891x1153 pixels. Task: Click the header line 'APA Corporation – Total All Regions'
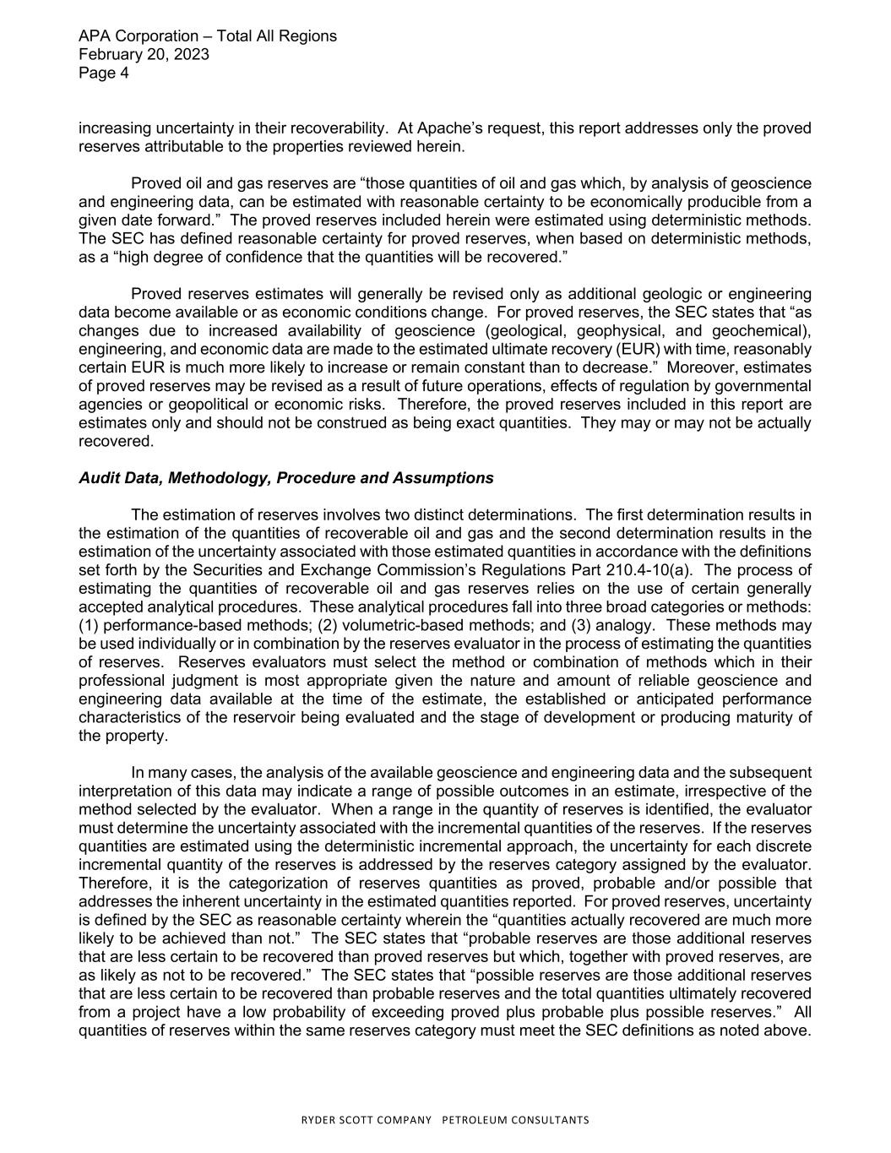[207, 36]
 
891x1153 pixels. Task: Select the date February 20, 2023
[144, 55]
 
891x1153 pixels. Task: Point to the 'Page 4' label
[103, 73]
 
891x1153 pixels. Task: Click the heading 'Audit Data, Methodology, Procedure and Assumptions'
[285, 478]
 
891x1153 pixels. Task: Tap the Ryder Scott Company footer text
[446, 1120]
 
